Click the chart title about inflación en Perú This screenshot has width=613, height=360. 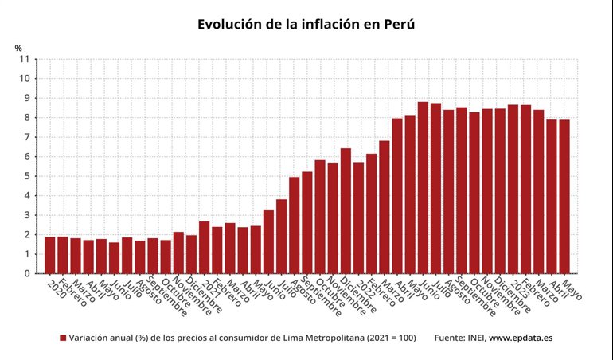point(306,25)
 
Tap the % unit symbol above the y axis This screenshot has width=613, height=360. point(18,48)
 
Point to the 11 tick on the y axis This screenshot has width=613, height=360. point(24,59)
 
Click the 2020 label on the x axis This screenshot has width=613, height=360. point(56,288)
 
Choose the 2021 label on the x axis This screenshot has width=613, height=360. point(209,288)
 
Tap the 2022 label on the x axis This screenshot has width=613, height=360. point(363,288)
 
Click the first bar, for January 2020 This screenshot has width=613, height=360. point(49,255)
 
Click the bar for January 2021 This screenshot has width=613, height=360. point(204,248)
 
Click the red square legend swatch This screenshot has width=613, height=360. point(63,338)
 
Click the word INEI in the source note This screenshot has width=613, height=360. point(473,338)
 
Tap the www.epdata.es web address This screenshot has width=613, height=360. point(521,338)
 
